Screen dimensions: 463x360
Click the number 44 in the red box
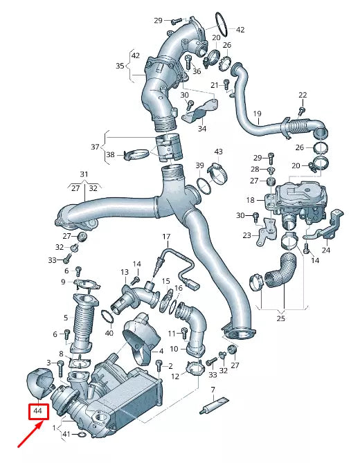point(38,412)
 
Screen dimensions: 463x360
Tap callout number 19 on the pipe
point(257,114)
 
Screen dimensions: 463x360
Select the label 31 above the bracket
point(84,174)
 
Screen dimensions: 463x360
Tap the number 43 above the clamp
point(218,152)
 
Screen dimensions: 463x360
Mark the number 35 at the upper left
point(120,66)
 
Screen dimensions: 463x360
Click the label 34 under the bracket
point(201,128)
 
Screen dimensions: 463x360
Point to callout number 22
point(302,94)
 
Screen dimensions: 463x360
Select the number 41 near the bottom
point(66,435)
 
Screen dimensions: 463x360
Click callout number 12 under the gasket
point(175,376)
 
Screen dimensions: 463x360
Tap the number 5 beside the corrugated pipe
point(66,318)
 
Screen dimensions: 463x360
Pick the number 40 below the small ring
point(109,333)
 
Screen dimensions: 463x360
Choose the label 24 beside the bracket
point(326,251)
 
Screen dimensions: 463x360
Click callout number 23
point(246,236)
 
